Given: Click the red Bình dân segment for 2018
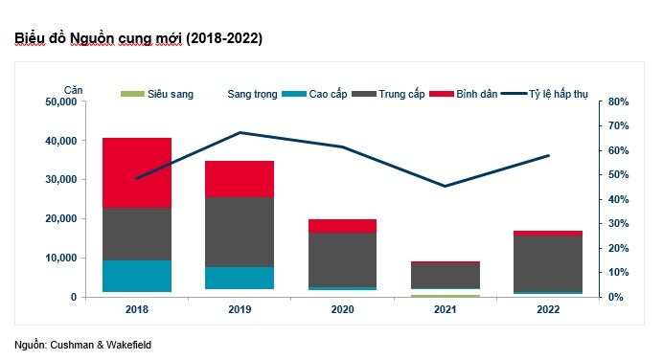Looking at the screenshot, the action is click(137, 172).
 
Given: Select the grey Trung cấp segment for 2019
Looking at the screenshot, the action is click(240, 232).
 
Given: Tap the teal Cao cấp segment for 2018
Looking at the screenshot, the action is click(137, 276).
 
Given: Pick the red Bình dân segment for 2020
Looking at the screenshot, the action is click(342, 226).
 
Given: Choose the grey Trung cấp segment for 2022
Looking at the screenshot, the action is click(548, 263).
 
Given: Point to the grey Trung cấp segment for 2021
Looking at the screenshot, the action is click(446, 276).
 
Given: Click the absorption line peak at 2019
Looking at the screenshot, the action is click(240, 133).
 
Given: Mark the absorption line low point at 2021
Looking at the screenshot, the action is click(445, 186).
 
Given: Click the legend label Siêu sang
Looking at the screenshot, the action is click(171, 94).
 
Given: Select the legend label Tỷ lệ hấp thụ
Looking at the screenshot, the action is click(559, 94).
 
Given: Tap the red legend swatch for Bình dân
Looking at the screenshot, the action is click(442, 94).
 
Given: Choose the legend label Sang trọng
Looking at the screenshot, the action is click(252, 94).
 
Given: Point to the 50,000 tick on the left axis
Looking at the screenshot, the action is click(61, 101).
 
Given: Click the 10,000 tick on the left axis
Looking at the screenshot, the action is click(61, 258).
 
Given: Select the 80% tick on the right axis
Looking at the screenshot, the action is click(619, 101).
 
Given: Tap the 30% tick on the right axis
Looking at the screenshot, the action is click(619, 223).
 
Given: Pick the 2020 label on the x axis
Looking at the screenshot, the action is click(342, 309).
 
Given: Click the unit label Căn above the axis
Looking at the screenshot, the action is click(73, 90).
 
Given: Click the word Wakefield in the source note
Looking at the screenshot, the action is click(128, 345).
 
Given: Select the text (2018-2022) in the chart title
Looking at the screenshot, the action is click(224, 38).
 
